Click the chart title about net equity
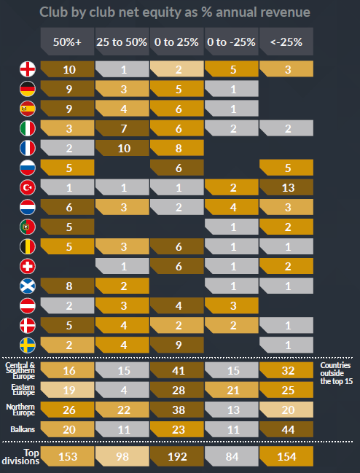[x=180, y=12]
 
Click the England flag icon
[x=26, y=70]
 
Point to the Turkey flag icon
[x=26, y=188]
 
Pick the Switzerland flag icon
[x=26, y=267]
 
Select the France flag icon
[x=26, y=149]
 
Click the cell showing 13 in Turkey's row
[x=286, y=187]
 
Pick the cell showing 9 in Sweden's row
[x=176, y=345]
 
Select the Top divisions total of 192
[x=176, y=456]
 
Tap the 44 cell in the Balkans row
[x=286, y=429]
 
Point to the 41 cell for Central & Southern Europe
[x=176, y=370]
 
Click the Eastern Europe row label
[x=20, y=390]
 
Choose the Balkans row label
[x=20, y=429]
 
